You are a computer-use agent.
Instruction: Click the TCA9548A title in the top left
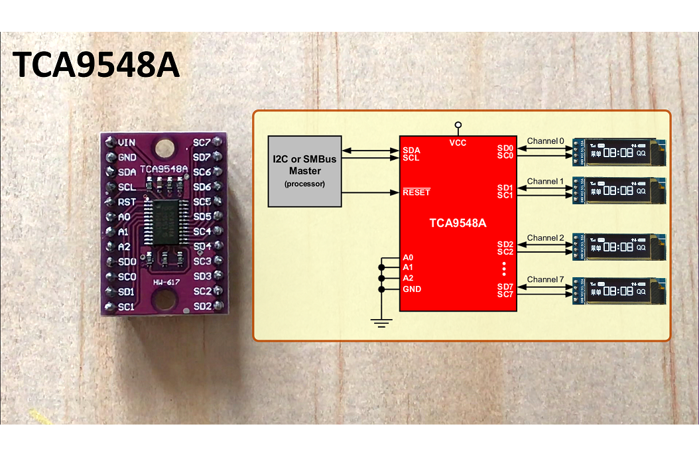pos(97,65)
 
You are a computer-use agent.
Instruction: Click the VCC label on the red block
pos(457,143)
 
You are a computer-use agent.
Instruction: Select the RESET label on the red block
pos(416,192)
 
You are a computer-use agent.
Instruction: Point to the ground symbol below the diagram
pos(381,323)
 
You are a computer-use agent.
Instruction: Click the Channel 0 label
pos(545,141)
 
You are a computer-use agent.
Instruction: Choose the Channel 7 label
pos(545,279)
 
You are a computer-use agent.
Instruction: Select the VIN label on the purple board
pos(127,143)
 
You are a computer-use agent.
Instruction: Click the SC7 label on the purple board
pos(202,143)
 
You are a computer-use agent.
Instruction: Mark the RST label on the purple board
pos(127,202)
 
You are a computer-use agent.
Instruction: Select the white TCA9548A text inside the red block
pos(458,223)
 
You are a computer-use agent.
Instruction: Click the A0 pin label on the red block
pos(408,257)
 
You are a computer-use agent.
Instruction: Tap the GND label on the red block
pos(411,289)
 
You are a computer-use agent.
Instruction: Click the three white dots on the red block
pos(504,269)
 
